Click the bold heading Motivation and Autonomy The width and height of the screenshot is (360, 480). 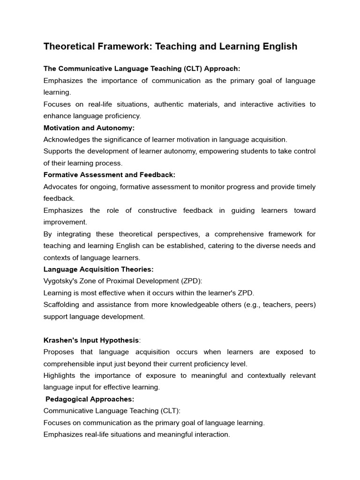click(x=89, y=127)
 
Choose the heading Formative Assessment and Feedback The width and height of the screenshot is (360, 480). click(x=109, y=174)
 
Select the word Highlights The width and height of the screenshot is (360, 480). click(x=60, y=375)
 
